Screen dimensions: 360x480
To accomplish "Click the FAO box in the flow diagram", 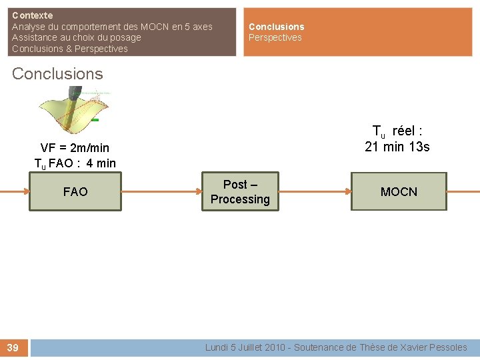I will coord(75,192).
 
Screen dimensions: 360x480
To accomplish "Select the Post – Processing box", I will coord(240,192).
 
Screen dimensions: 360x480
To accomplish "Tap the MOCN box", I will coord(399,192).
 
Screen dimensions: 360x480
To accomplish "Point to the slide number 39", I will coord(13,347).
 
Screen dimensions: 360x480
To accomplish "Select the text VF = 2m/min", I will coord(75,147).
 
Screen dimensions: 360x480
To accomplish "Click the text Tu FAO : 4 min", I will coord(75,163).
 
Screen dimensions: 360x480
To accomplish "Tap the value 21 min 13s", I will coord(397,147).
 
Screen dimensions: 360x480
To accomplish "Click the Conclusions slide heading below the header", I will coord(57,74).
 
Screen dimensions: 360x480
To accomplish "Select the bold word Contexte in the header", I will coord(32,15).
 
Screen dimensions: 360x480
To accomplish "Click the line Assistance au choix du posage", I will coord(76,37).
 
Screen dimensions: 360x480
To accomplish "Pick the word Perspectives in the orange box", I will coord(275,37).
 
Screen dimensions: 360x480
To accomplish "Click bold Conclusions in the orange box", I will coord(276,27).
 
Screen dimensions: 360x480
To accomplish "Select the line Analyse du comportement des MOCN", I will coord(112,27).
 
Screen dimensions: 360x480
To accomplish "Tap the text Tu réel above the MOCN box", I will coord(397,131).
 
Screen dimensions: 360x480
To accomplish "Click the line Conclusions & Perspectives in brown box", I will coord(69,49).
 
